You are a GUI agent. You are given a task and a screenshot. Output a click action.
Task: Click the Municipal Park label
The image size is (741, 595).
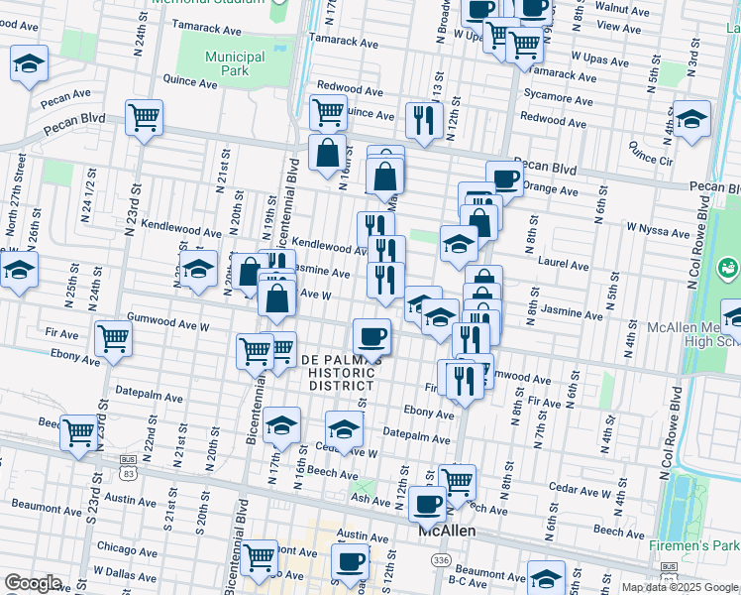[x=235, y=64]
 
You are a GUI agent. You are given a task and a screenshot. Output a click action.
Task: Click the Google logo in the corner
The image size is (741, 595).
[x=32, y=583]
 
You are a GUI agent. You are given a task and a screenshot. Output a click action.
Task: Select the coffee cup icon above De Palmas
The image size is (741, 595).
[x=371, y=335]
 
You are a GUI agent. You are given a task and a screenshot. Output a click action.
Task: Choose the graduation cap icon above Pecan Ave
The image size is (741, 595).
[x=30, y=62]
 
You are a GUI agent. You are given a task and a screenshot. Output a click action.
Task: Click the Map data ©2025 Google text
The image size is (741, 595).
[x=680, y=587]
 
